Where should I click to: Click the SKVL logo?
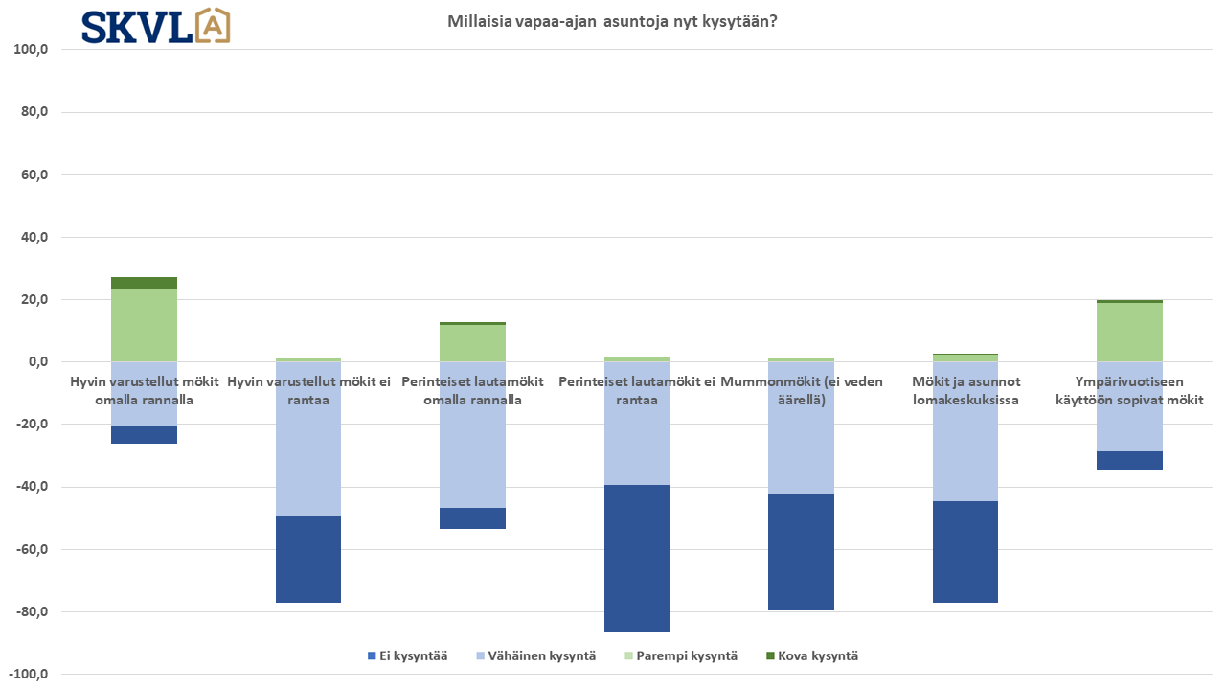(x=155, y=26)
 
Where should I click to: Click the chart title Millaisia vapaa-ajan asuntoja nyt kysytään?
(x=612, y=21)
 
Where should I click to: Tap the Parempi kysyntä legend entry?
(x=681, y=656)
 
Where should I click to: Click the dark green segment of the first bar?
(x=144, y=283)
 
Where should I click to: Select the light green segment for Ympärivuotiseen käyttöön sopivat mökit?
(x=1130, y=332)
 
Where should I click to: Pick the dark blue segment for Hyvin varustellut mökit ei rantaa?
(x=308, y=559)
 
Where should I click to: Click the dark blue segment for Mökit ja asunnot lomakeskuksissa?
(x=965, y=552)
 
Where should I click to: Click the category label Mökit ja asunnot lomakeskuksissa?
(x=965, y=390)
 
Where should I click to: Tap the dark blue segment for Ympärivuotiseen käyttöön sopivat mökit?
(x=1130, y=460)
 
